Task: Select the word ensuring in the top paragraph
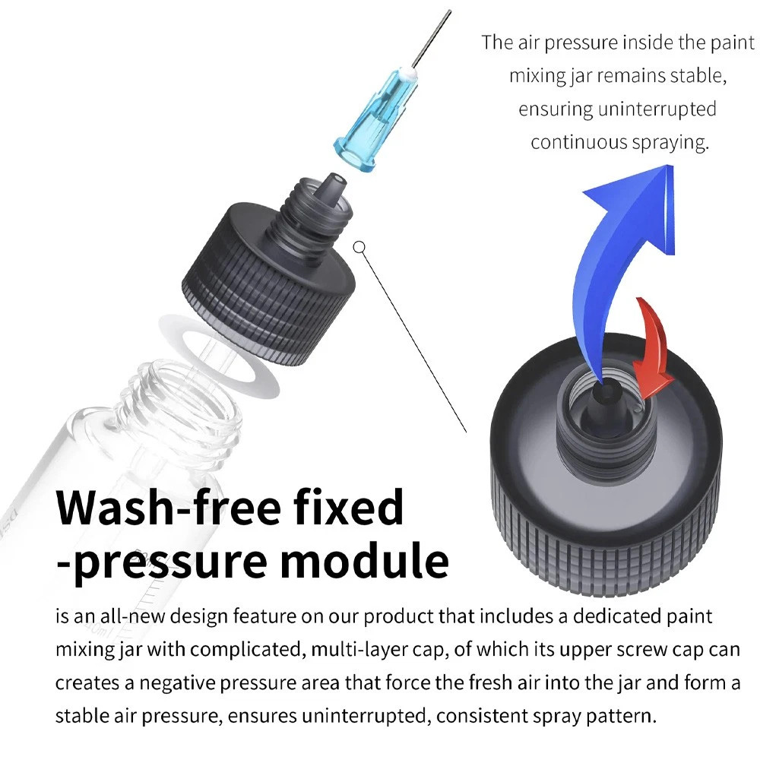tap(554, 109)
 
